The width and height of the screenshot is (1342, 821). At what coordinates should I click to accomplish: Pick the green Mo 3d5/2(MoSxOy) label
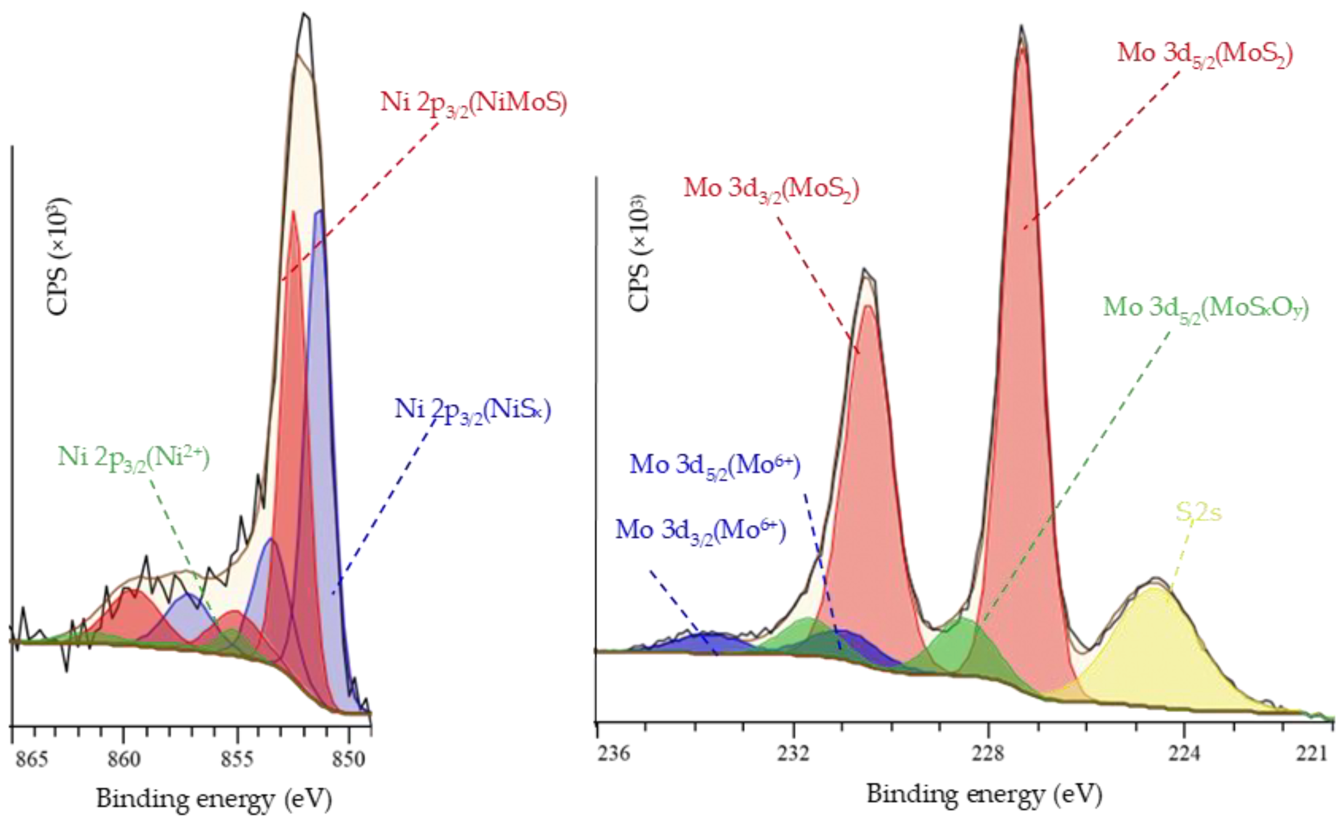[1206, 308]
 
